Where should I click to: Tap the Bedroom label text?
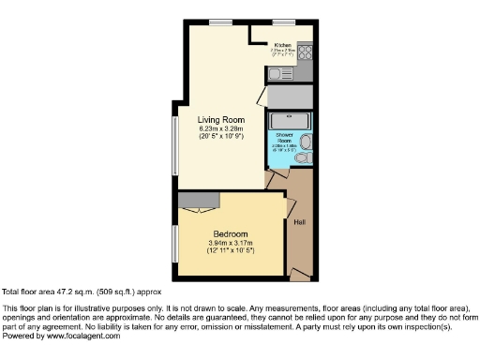[x=230, y=233]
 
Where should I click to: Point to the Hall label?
[x=298, y=223]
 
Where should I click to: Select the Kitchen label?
[x=283, y=44]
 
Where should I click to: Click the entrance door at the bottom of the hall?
[x=300, y=273]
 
